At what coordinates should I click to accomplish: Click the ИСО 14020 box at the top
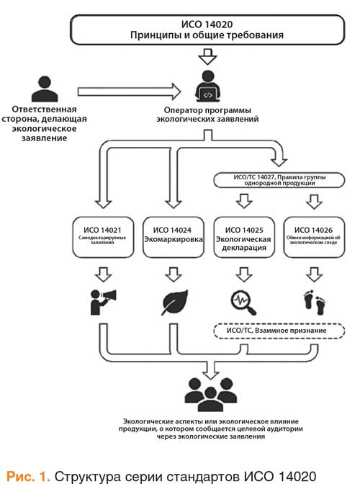tap(207, 30)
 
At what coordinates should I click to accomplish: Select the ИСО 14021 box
tap(103, 237)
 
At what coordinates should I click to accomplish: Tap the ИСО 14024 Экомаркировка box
tap(174, 237)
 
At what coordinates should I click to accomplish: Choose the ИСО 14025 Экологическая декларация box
tap(243, 237)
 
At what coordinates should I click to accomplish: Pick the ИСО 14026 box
tap(314, 237)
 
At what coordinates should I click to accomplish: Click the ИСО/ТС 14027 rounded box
tap(279, 180)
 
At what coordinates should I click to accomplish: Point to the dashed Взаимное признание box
tap(279, 331)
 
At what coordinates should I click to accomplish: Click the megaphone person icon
tap(103, 302)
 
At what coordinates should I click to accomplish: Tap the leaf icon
tap(175, 302)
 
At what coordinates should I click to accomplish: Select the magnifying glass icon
tap(243, 302)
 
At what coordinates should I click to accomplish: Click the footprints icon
tap(315, 302)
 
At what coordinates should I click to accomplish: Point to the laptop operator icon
tap(207, 86)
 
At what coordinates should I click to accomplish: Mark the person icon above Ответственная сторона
tap(45, 89)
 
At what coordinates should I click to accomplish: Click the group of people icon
tap(211, 394)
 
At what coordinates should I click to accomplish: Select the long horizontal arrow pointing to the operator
tap(129, 91)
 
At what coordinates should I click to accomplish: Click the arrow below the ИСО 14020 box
tap(207, 56)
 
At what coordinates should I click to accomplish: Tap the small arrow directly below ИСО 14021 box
tap(104, 274)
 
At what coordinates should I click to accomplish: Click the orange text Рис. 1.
tap(28, 476)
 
